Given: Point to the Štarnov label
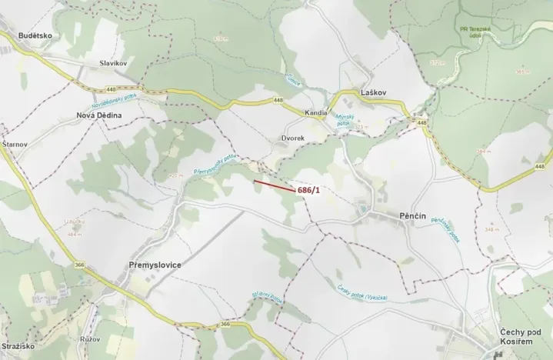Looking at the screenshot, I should [x=15, y=144].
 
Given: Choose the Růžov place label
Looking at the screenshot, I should [x=91, y=338].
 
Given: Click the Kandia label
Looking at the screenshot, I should [x=317, y=112].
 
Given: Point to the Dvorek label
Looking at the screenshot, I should [x=292, y=138].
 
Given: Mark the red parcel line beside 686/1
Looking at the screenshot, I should [x=273, y=185].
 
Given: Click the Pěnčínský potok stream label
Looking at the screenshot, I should [x=445, y=228].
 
